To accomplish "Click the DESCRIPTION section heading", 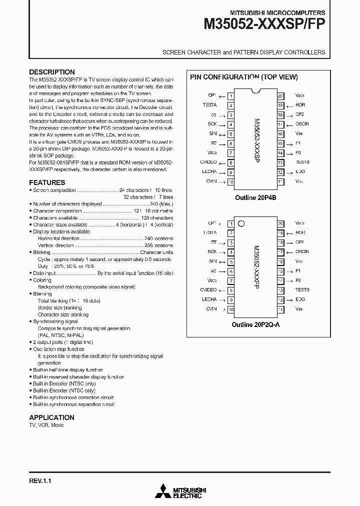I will pos(52,72).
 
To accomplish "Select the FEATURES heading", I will pos(47,182).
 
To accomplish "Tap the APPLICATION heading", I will pos(51,417).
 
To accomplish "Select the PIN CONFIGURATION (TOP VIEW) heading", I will pos(243,77).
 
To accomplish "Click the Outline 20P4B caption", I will pos(255,198).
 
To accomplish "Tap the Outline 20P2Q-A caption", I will pos(255,324).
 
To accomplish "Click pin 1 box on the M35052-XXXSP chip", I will pos(230,95).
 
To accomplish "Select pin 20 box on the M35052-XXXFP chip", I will pos(280,223).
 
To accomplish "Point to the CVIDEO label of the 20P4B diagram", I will pos(208,162).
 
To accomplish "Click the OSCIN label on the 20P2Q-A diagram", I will pos(302,252).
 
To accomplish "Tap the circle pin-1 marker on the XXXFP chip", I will pos(240,223).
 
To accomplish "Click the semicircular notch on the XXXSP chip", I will pos(255,91).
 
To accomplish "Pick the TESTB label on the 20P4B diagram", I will pos(302,162).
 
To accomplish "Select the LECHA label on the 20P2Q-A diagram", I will pos(209,299).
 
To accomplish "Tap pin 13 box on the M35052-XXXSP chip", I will pos(280,162).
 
